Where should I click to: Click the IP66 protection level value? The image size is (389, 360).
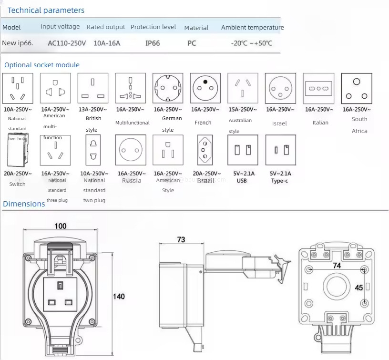(153, 43)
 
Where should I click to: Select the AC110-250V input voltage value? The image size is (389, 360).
(67, 43)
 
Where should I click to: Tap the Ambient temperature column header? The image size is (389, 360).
(252, 27)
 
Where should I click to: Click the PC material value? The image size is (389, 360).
(192, 43)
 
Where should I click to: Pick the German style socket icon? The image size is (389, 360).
(168, 88)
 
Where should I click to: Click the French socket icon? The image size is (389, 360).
(205, 88)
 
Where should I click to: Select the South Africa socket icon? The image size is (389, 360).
(357, 88)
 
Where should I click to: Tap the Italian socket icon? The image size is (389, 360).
(319, 88)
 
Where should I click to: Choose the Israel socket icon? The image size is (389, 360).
(280, 88)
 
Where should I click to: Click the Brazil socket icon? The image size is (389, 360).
(205, 150)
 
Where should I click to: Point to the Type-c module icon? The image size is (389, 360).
(280, 150)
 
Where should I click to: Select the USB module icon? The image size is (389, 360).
(242, 150)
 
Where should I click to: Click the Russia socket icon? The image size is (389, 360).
(130, 150)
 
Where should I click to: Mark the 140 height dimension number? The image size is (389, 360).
(119, 297)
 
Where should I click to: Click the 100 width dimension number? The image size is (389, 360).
(61, 226)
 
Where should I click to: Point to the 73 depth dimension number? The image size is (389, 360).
(181, 239)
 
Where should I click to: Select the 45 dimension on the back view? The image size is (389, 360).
(359, 288)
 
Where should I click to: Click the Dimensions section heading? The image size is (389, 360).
(24, 204)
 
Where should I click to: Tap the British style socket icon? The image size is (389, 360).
(93, 88)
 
